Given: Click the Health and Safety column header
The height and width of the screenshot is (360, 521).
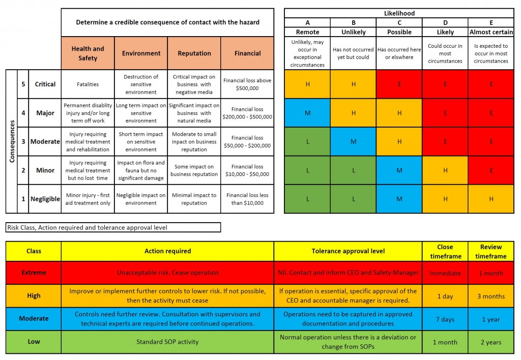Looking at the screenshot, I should (x=88, y=53).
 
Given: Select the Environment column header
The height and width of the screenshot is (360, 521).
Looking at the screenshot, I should (x=141, y=53).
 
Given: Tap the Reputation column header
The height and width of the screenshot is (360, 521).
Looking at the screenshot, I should (x=194, y=53).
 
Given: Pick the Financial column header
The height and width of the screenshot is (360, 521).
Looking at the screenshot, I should (x=248, y=53).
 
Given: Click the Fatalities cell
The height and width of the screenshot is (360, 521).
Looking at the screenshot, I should (x=88, y=84).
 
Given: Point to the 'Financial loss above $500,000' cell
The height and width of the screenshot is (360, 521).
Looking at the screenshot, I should (x=248, y=84).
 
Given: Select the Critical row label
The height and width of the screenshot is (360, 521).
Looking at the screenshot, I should (x=45, y=84).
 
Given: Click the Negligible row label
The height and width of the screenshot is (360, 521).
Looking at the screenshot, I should (x=45, y=199).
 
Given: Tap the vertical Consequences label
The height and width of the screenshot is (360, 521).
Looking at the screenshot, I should (x=12, y=141).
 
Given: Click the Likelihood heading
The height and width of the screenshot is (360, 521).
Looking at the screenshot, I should (x=399, y=13).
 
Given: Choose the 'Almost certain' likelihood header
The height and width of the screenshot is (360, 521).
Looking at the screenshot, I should (x=491, y=32).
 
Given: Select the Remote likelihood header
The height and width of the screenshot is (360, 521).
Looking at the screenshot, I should (x=307, y=32).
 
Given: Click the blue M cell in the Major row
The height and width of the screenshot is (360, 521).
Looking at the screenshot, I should (x=307, y=113).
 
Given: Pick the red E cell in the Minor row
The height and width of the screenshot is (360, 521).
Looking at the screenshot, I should (x=491, y=170).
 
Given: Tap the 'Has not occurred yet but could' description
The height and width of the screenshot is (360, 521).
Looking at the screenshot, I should (x=353, y=53).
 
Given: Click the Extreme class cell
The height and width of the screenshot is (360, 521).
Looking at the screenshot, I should (x=34, y=273).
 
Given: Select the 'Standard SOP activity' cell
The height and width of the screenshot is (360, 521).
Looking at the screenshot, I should (x=167, y=342).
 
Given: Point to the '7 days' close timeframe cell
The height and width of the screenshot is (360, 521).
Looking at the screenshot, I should (x=445, y=319).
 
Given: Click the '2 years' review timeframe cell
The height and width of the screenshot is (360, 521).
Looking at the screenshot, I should (x=491, y=342).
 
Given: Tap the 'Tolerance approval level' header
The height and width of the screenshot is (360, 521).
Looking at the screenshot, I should (x=348, y=251).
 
